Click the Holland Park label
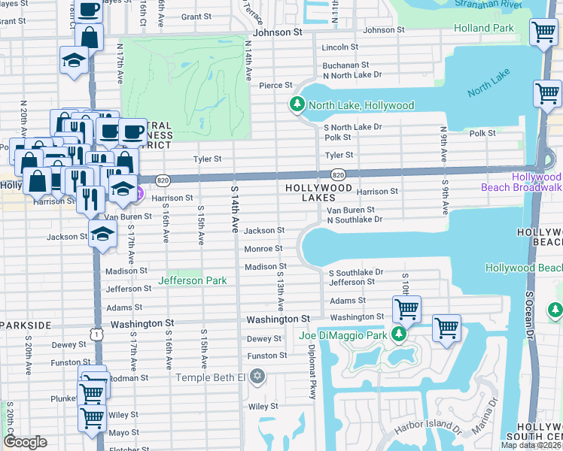[484, 29]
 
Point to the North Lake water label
[488, 83]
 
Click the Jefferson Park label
[193, 280]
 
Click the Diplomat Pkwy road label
[311, 372]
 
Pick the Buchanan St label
[345, 65]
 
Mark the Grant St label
[196, 16]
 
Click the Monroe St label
[263, 249]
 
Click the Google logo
[25, 442]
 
